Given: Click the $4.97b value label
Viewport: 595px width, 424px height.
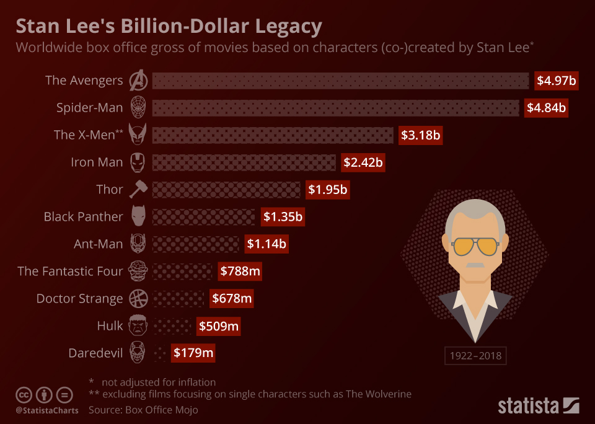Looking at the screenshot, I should click(557, 81).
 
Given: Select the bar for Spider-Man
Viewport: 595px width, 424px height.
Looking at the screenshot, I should click(335, 108).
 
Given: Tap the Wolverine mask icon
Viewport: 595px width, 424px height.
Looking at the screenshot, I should click(138, 135).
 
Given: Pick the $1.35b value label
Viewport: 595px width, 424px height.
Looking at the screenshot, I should click(283, 217).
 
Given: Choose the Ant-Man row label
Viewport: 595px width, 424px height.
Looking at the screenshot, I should click(98, 244).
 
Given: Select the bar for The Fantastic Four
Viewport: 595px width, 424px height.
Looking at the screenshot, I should click(182, 271).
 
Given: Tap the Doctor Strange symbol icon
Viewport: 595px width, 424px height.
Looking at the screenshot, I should click(137, 299).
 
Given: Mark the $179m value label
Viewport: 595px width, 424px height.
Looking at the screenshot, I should click(193, 353).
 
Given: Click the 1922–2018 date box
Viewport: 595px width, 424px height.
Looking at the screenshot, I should click(475, 356).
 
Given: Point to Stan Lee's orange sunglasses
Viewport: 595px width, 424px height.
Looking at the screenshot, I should click(475, 246).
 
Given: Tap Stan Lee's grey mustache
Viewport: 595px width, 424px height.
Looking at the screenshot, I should click(475, 265).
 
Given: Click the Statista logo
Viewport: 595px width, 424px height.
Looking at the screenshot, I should click(539, 406).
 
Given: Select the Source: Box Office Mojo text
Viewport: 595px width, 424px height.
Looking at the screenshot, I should click(143, 410).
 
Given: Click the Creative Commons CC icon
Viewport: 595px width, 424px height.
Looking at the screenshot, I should click(24, 395).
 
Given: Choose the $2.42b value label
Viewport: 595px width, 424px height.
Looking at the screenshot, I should click(363, 162).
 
